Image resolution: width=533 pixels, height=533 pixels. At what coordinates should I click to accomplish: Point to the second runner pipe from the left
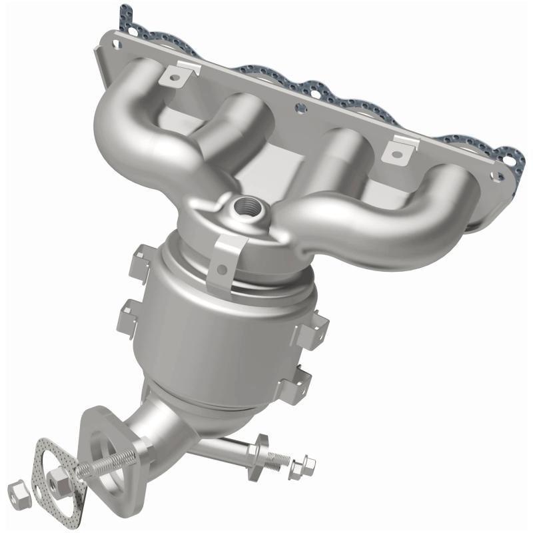click(230, 127)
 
